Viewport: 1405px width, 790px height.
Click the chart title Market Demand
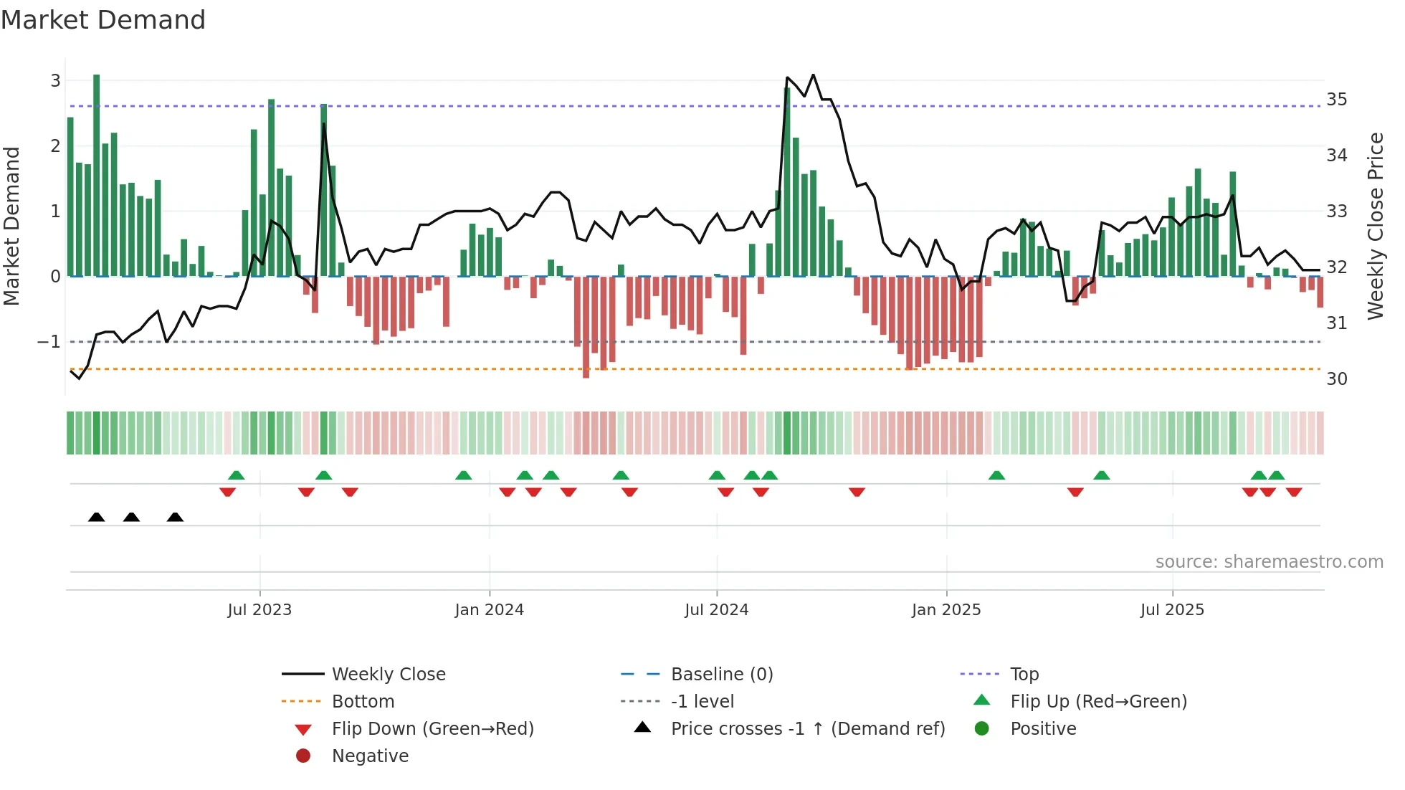coord(103,20)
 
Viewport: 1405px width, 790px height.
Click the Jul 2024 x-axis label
coord(716,610)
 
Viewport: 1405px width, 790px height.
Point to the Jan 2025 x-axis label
coord(946,610)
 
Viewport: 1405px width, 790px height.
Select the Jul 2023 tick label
coord(259,610)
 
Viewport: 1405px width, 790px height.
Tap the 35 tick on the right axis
coord(1336,100)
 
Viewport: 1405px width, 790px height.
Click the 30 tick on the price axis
coord(1336,379)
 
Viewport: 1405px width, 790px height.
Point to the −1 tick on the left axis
coord(49,342)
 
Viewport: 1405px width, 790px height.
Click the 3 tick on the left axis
coord(55,81)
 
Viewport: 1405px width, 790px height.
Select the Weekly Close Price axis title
coord(1375,226)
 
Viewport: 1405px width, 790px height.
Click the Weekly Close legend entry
coord(388,675)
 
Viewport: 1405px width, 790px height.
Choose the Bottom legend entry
coord(363,702)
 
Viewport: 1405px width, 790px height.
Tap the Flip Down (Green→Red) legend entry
coord(432,729)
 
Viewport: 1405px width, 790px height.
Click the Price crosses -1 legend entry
coord(807,729)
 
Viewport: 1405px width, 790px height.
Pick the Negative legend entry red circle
coord(303,756)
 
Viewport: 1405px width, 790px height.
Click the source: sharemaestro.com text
coord(1269,562)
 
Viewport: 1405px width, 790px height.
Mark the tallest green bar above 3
coord(97,172)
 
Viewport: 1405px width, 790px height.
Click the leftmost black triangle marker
coord(97,517)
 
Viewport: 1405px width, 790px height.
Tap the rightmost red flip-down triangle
coord(1294,492)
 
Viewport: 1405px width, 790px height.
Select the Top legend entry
coord(1024,675)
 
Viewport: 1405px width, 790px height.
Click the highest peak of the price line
coord(813,75)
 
